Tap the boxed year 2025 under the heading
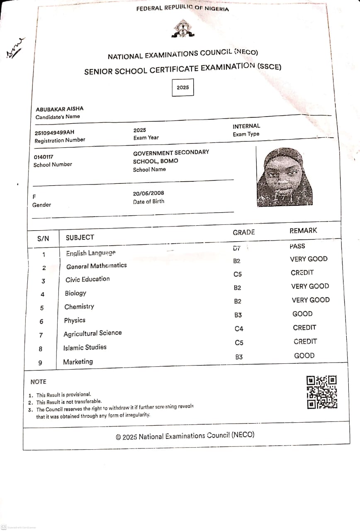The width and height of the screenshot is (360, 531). point(182,88)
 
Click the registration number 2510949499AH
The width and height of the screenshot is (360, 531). point(55,132)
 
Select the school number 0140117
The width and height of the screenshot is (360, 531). point(43,157)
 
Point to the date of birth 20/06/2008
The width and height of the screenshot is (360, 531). point(148,193)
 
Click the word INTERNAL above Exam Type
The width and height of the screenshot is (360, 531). point(246,126)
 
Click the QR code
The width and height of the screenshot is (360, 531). point(321,392)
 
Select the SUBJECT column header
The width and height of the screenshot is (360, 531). point(80,237)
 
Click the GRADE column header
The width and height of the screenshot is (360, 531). point(243,232)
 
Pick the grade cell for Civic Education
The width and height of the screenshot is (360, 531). point(238,274)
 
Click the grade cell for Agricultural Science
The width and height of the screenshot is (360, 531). point(239,329)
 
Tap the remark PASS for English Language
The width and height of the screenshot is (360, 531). point(297,246)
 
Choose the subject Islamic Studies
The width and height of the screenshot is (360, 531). point(85,347)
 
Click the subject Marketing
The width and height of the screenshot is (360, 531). point(78,362)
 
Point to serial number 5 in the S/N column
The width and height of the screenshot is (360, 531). point(41,308)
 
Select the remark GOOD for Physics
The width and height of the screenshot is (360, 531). point(302,314)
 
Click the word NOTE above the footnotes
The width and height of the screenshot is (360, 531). point(39,382)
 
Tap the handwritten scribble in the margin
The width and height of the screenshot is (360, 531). point(15,48)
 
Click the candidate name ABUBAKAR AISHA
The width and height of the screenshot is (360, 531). point(60,109)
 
